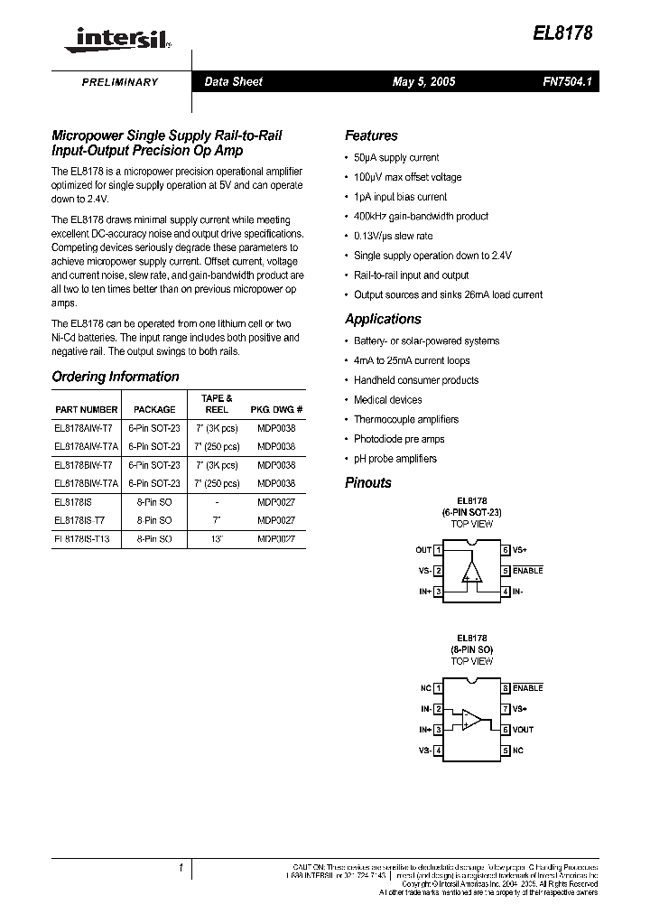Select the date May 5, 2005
point(423,81)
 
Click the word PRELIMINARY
point(120,82)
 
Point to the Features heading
point(371,135)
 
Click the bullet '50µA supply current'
point(396,157)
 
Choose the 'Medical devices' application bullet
point(387,400)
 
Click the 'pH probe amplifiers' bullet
point(395,459)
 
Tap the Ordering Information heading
point(116,377)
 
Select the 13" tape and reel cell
point(217,539)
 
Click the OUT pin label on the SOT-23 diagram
point(422,549)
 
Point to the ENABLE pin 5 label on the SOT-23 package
point(527,571)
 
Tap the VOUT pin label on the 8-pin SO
point(524,730)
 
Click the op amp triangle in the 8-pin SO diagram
point(471,719)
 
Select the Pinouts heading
point(368,482)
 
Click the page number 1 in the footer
point(181,869)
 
